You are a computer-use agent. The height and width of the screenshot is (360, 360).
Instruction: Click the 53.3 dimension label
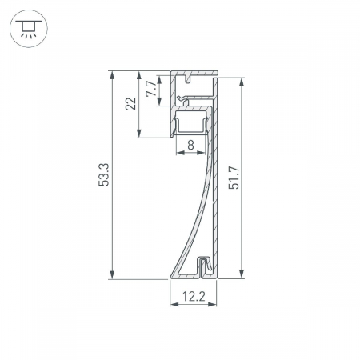pyautogui.click(x=102, y=175)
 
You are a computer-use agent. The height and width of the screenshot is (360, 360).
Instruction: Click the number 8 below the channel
pyautogui.click(x=190, y=145)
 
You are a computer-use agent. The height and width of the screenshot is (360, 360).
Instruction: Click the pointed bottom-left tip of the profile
pyautogui.click(x=170, y=277)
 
